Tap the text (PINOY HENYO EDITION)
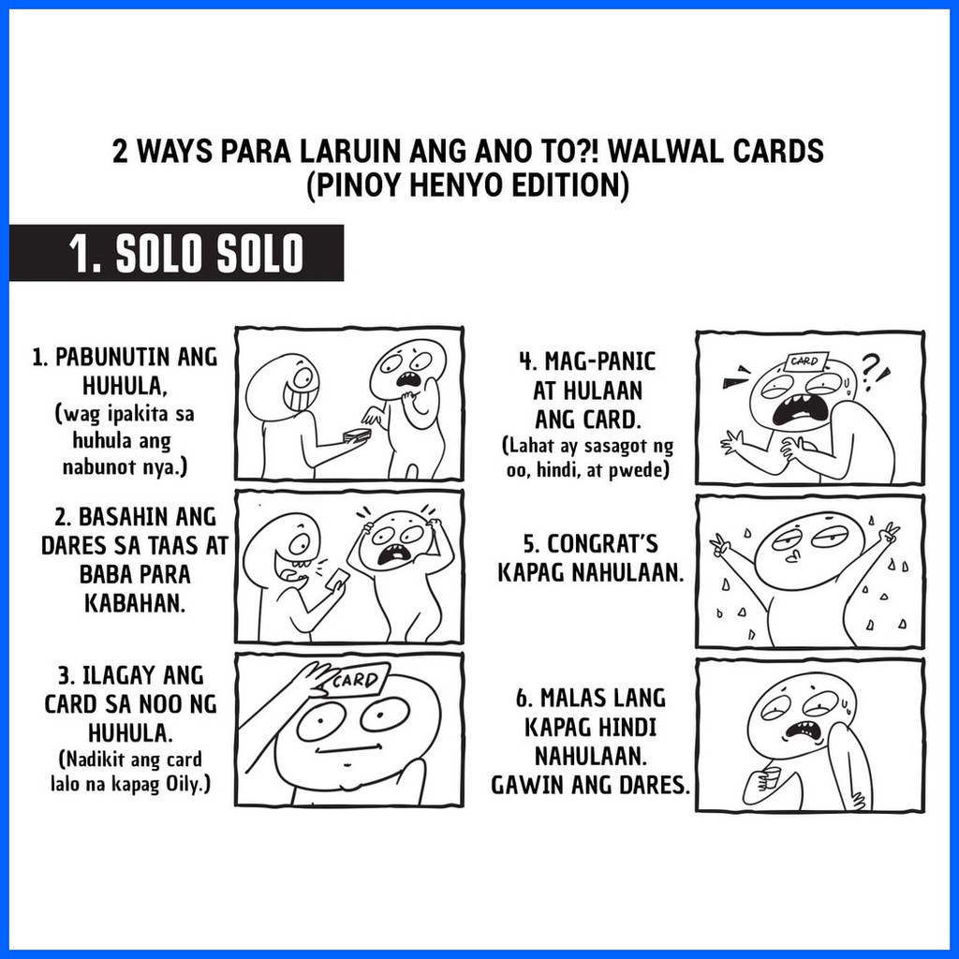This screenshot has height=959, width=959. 465,184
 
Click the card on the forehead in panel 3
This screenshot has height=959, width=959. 356,681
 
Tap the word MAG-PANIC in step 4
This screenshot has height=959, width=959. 588,361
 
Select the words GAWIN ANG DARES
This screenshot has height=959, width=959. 590,785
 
